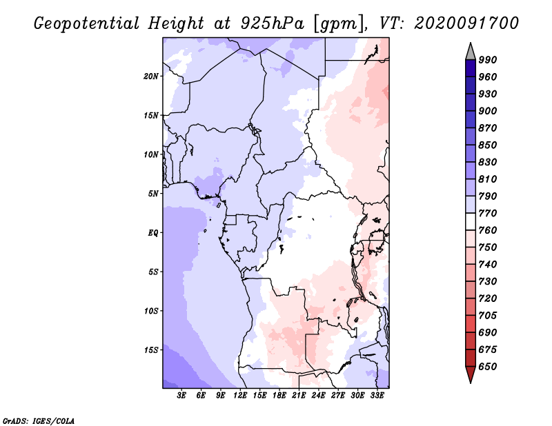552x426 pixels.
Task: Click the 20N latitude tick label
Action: coord(151,77)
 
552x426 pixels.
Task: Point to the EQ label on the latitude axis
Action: coord(152,233)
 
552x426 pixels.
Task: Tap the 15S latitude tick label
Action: coord(151,350)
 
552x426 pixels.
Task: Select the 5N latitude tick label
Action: coord(153,194)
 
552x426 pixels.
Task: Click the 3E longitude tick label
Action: coord(181,396)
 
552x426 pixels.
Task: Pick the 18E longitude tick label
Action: coord(279,396)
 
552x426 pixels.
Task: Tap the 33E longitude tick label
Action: coord(377,396)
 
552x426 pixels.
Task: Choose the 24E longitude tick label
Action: coord(318,396)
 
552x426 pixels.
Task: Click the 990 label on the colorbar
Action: coord(488,60)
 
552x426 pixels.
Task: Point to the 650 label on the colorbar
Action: coord(488,367)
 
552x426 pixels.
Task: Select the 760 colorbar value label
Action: coord(488,230)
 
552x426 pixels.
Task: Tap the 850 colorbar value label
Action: coord(488,145)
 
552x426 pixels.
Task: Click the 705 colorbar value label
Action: coord(488,315)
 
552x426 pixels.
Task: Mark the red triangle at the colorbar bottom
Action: coord(471,374)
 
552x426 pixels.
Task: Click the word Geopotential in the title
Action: coord(87,24)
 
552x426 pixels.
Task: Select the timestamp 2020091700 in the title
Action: coord(466,23)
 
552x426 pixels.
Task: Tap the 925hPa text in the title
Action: coord(272,23)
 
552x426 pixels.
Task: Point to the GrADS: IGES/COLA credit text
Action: coord(39,420)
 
